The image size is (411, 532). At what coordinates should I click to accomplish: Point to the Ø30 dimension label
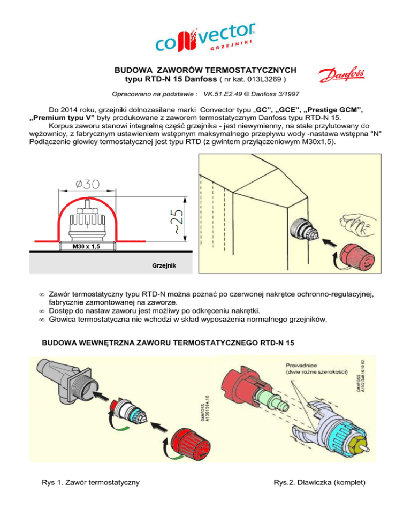(x=87, y=184)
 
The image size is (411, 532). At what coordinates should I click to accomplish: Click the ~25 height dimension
(x=177, y=221)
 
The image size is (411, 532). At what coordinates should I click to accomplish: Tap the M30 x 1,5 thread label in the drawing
(x=81, y=247)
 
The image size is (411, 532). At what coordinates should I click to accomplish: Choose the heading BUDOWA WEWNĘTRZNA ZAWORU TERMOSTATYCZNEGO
(x=168, y=342)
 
